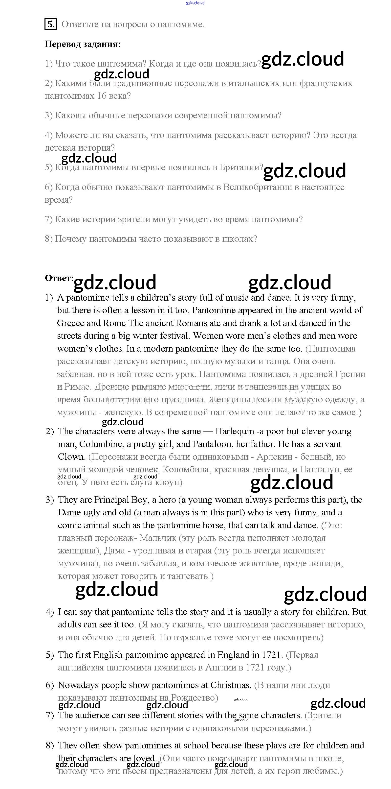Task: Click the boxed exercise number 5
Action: [50, 24]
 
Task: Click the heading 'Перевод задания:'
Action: [83, 44]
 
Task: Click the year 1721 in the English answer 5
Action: [271, 655]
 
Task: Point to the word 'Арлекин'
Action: [276, 457]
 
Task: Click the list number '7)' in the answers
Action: [50, 715]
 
